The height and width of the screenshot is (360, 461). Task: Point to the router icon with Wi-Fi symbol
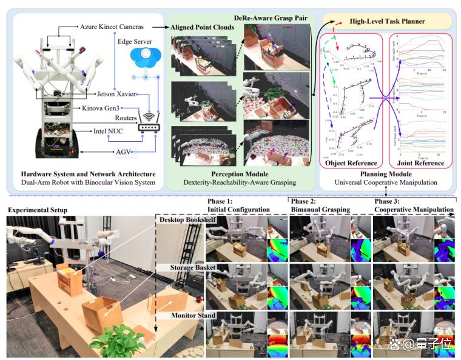147,124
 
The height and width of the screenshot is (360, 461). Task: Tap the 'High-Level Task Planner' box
388,22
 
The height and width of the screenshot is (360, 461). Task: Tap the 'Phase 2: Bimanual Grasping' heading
321,205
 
